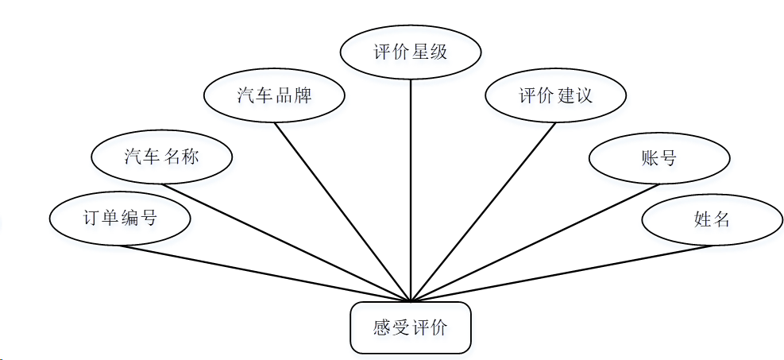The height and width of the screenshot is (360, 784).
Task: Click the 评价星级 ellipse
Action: coord(411,52)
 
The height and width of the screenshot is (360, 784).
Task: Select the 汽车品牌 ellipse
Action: coord(274,96)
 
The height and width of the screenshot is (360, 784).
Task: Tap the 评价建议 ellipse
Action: coord(556,96)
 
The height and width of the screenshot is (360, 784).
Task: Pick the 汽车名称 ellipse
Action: coord(162,157)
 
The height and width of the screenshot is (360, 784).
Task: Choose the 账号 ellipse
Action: coord(658,157)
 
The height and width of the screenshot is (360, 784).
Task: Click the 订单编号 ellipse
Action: coord(120,218)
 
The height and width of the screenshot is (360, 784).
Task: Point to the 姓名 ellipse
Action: coord(711,219)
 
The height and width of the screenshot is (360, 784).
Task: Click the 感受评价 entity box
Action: coord(411,327)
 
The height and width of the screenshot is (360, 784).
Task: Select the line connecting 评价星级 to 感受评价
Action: coord(411,191)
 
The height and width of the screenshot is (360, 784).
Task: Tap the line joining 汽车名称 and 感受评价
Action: coord(286,242)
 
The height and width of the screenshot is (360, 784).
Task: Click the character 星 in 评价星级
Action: coord(420,52)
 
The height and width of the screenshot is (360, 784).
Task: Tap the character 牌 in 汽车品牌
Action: coord(302,96)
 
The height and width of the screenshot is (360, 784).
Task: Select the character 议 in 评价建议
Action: coord(584,96)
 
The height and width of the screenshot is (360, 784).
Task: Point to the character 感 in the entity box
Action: coord(383,327)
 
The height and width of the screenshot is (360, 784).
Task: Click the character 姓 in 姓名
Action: coord(701,219)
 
